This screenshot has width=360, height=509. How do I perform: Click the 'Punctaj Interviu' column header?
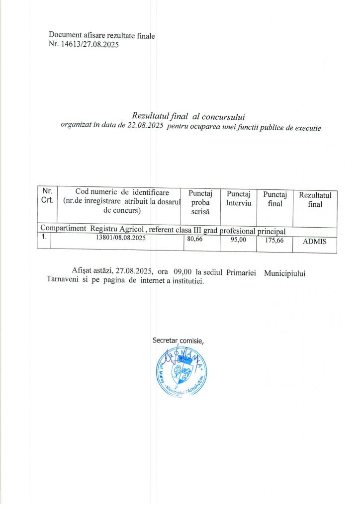[238, 198]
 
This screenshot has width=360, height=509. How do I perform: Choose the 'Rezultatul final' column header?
[315, 199]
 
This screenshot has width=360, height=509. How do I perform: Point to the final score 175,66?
[273, 240]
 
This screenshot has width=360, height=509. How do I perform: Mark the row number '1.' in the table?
[44, 237]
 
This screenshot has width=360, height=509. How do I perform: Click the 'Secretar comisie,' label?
[179, 340]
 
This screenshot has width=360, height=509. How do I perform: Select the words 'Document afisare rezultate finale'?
[102, 35]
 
